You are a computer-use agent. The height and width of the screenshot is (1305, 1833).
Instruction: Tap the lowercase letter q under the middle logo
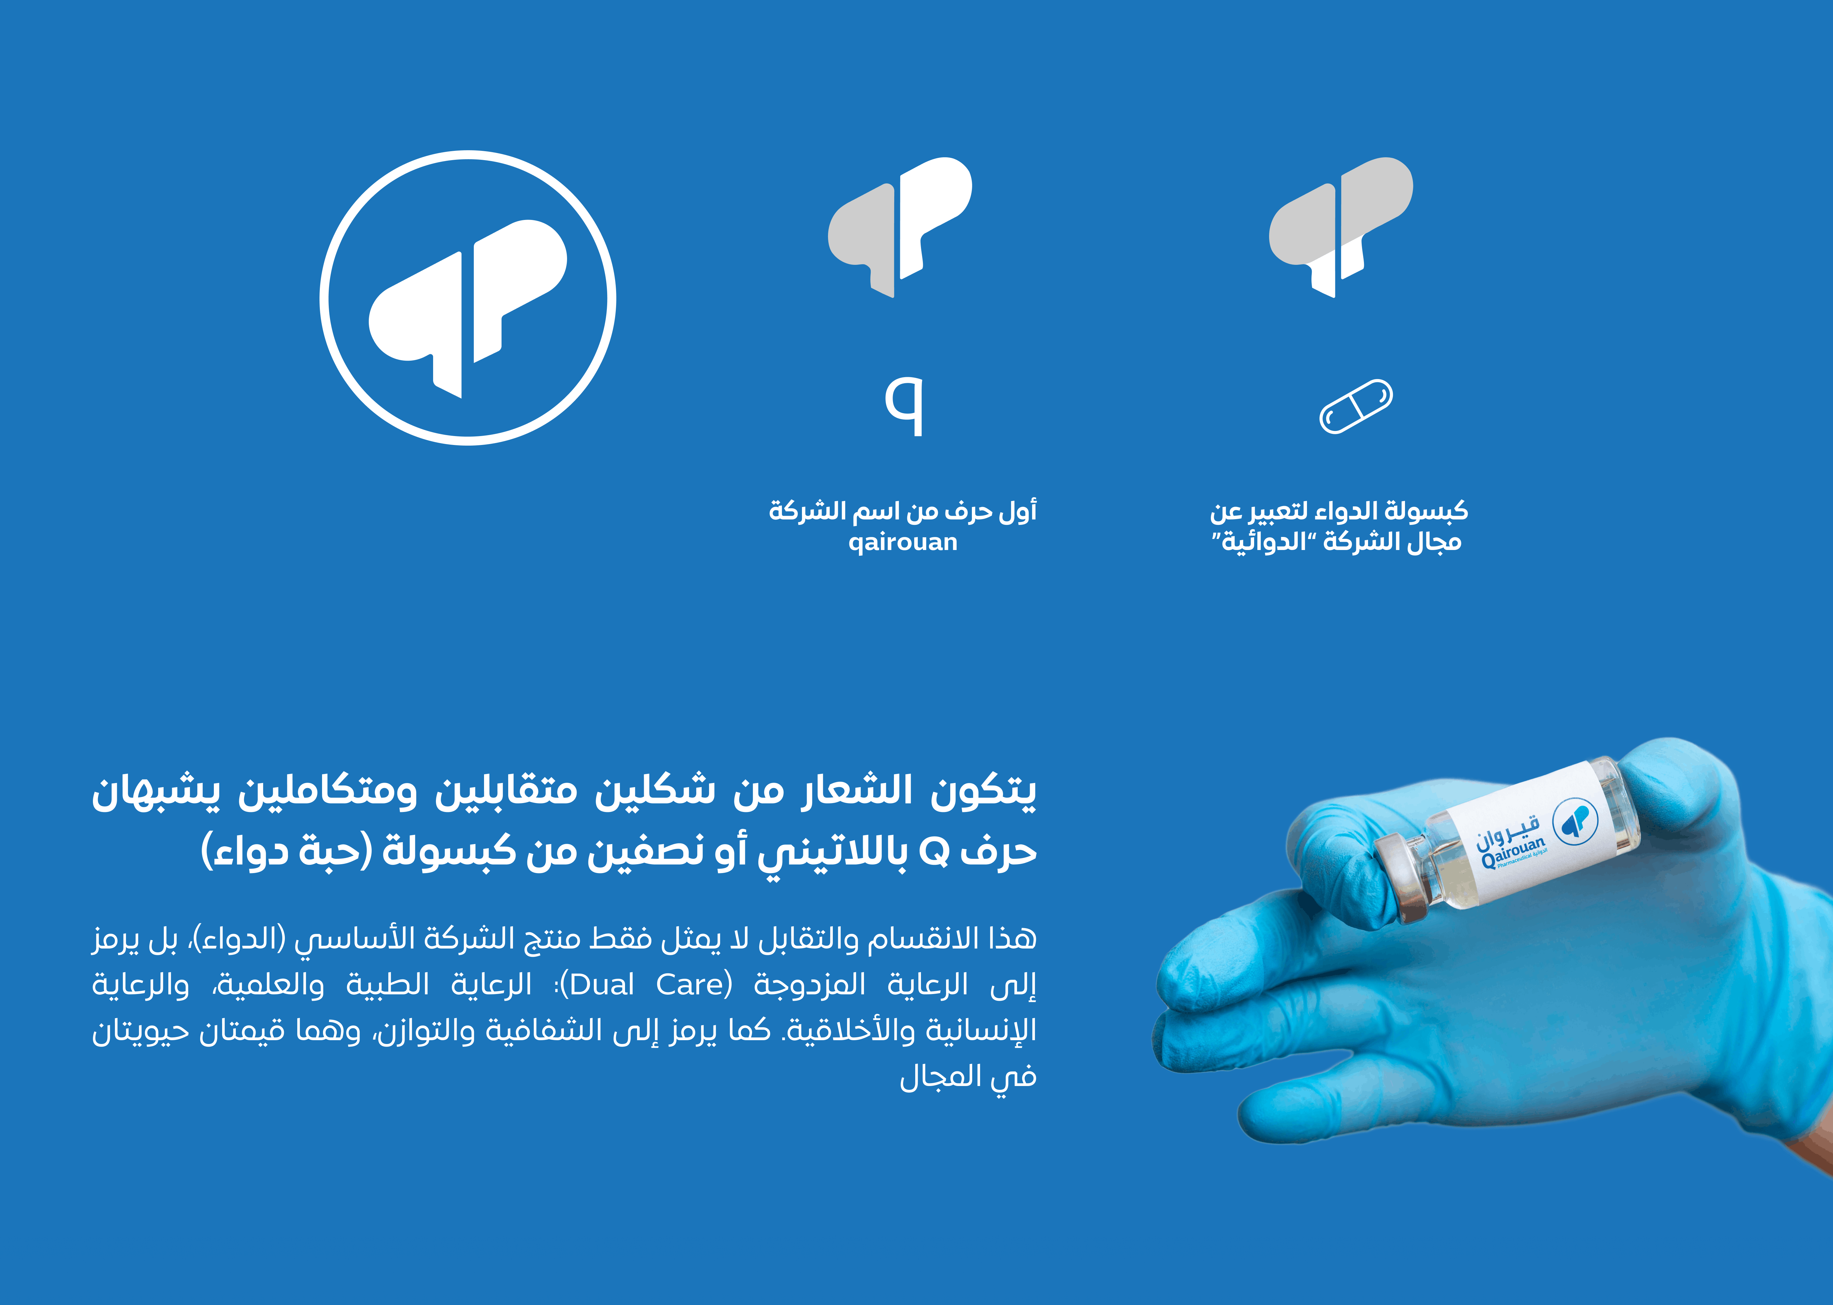click(904, 406)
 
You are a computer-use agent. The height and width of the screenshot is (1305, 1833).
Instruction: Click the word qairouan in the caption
click(903, 542)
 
